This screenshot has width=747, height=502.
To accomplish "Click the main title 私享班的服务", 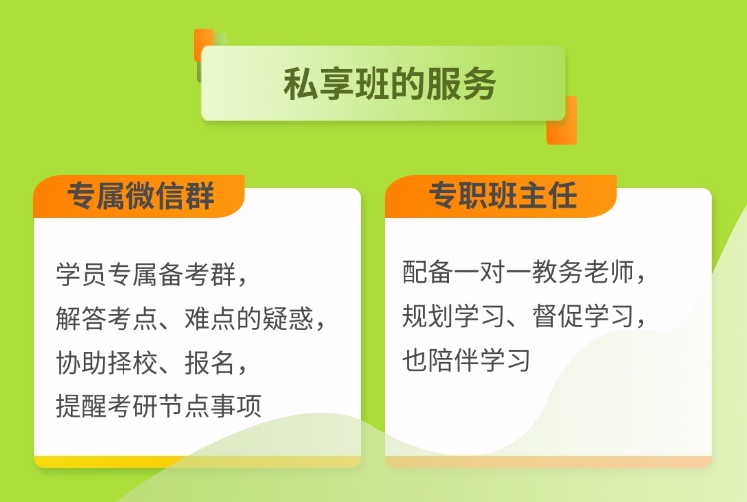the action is tap(389, 84).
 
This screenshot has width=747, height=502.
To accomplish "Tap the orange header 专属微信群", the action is tap(140, 196).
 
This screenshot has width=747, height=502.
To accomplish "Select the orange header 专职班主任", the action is tap(503, 195).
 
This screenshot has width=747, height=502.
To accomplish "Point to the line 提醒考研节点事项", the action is tap(158, 406).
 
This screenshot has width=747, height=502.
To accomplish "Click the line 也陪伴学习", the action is tap(466, 360).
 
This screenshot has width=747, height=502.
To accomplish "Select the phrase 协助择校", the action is tap(108, 363).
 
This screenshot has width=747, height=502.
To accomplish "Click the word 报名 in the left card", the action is tap(210, 363).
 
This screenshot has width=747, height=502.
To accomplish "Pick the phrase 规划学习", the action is tap(453, 316).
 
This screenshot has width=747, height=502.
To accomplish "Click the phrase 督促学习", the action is tap(583, 316).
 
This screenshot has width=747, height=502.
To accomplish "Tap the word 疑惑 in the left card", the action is tap(288, 318).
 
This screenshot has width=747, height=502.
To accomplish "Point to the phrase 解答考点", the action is tap(108, 318).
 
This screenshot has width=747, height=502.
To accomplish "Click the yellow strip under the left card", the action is tap(110, 461).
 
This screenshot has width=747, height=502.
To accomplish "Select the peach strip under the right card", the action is tap(549, 461).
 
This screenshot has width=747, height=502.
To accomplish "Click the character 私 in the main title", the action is tap(300, 84).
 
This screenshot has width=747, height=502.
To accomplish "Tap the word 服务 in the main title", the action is tap(461, 84).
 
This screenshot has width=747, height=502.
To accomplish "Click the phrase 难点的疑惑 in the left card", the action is tap(249, 318).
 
